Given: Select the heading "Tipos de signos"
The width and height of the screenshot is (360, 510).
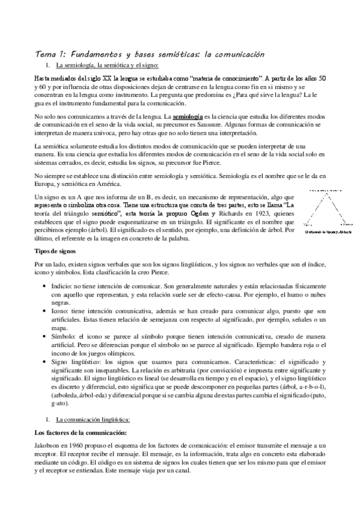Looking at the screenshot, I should pos(56,250).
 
